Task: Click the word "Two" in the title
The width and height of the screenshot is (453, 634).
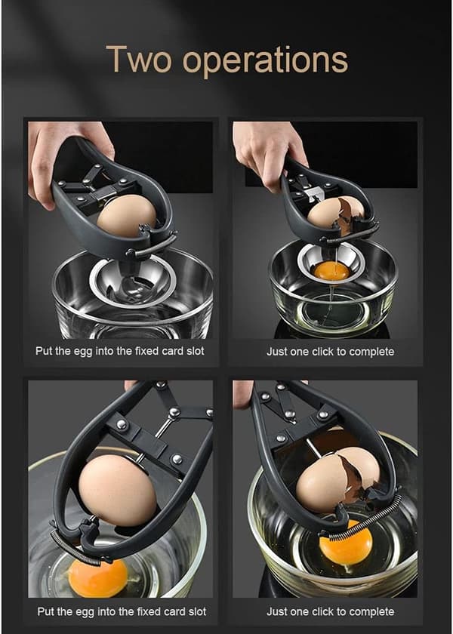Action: pyautogui.click(x=138, y=59)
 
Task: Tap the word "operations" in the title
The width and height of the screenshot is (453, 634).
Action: pyautogui.click(x=265, y=61)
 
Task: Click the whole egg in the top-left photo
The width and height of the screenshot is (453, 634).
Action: pyautogui.click(x=127, y=216)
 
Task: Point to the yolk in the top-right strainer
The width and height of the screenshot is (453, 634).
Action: pyautogui.click(x=331, y=270)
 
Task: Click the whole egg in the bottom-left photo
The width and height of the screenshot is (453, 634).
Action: pyautogui.click(x=118, y=490)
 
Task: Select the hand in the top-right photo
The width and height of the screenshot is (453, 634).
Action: pyautogui.click(x=269, y=154)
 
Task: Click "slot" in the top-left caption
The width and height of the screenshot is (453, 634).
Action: pyautogui.click(x=195, y=350)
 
